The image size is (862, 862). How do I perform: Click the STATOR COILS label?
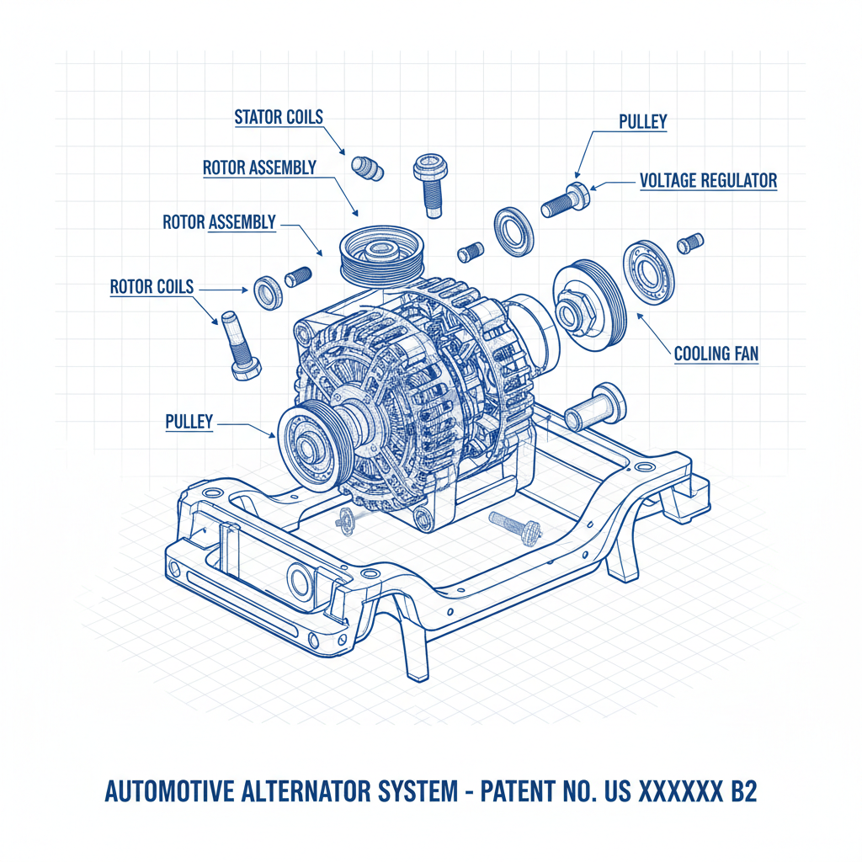278,117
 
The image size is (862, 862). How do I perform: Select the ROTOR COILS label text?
152,287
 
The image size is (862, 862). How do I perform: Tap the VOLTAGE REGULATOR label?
708,181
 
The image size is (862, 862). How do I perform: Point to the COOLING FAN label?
716,354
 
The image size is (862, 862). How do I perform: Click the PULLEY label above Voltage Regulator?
642,122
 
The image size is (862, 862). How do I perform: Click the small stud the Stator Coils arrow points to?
367,168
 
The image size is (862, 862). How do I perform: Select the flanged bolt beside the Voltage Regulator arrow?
562,199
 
